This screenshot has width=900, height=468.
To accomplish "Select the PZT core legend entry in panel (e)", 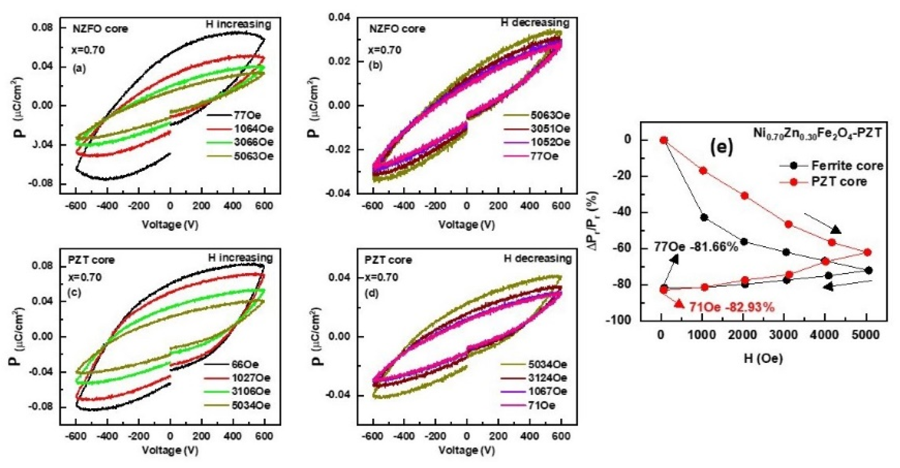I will pos(839,182).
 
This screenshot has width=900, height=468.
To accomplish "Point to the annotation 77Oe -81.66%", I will pos(696,247).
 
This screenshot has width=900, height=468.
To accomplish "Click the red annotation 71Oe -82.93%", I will pos(731,307).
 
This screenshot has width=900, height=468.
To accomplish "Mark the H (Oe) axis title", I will pos(763,358).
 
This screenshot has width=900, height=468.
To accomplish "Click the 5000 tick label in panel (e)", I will pos(867,335).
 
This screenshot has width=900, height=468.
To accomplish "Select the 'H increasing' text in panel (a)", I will pos(238,24).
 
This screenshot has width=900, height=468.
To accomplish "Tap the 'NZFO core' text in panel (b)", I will pos(397,29).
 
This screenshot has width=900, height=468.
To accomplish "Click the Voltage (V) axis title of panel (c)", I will pos(170,450).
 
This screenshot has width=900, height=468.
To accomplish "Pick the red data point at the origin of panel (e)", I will pos(663,140).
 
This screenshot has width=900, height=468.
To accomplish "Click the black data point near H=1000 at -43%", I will pos(704,218).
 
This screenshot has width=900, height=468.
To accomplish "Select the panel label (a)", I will pos(79,69).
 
